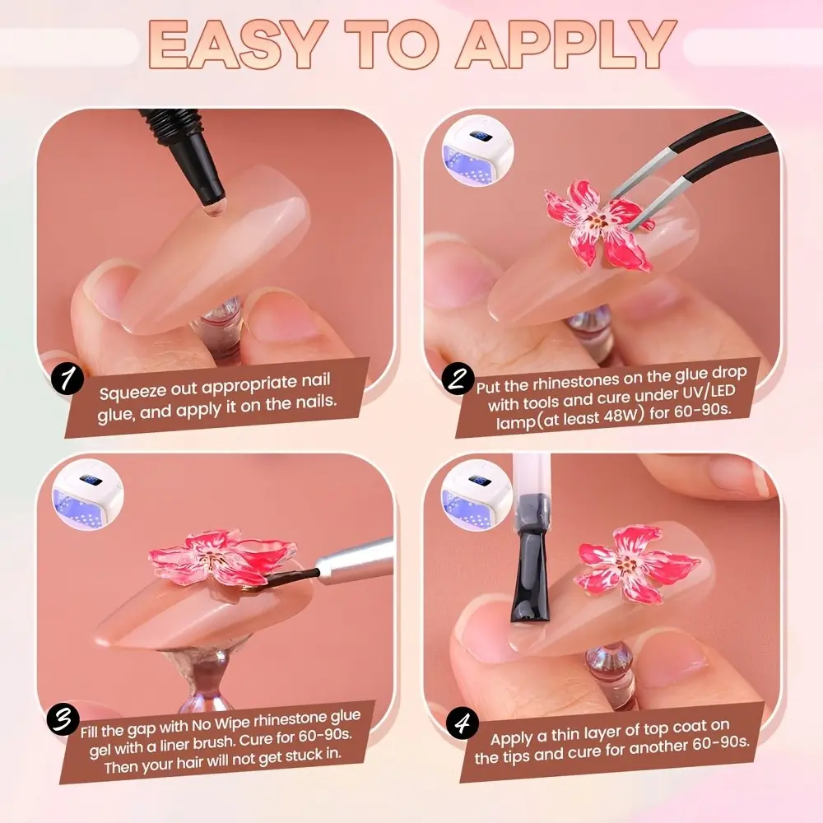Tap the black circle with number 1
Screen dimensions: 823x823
(67, 379)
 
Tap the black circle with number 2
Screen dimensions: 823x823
(458, 379)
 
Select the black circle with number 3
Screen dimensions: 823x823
(63, 719)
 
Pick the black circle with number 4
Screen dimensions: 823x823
(462, 723)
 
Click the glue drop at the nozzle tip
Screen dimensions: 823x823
(212, 209)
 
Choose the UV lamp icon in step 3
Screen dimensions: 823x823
(88, 495)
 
